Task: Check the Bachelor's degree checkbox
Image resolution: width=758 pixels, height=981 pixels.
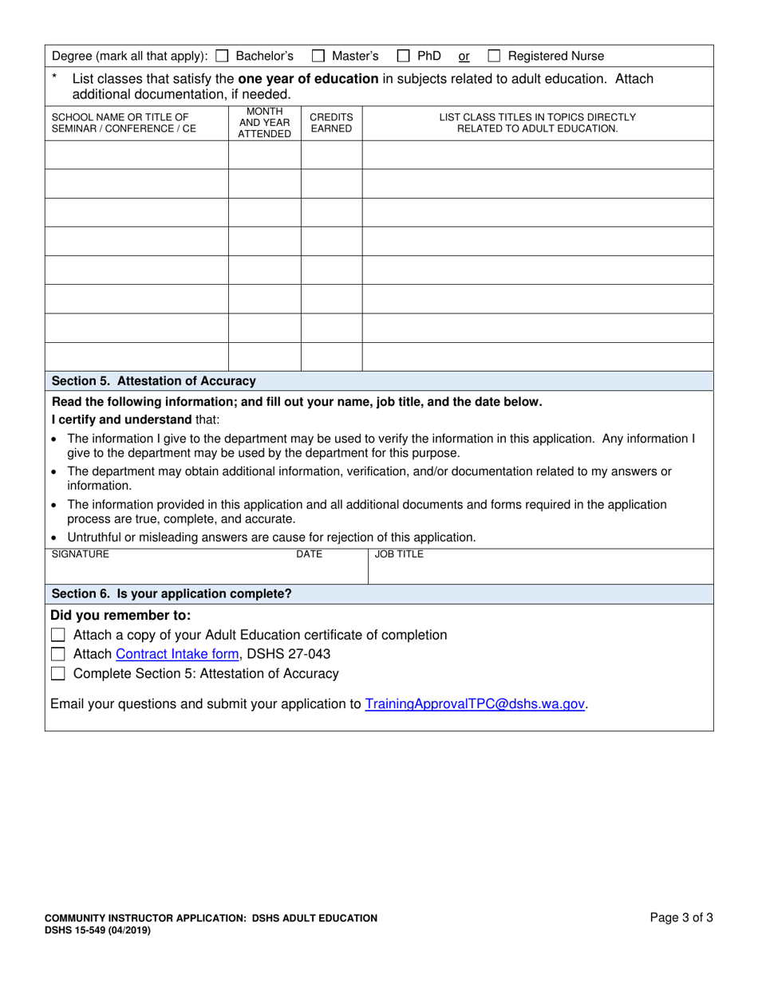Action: pos(223,57)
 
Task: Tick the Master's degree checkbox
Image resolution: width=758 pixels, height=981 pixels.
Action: pos(318,57)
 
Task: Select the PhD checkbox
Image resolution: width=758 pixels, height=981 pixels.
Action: pos(404,57)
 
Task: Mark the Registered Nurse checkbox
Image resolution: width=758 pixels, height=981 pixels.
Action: pos(494,57)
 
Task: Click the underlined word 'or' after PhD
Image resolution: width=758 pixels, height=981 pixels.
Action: pos(464,57)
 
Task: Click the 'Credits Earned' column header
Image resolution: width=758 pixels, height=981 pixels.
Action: pos(331,123)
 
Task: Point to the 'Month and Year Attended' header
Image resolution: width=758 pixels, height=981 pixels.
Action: pos(264,123)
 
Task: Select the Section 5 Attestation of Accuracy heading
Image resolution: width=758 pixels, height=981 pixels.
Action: pos(153,381)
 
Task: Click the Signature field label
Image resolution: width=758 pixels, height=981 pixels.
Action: pos(81,554)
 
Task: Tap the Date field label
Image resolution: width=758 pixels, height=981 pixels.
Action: pos(309,554)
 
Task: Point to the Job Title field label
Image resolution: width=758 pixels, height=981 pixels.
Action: pos(399,554)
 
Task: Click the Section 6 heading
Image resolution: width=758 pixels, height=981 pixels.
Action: pos(171,594)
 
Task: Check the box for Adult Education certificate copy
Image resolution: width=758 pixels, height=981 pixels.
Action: pos(57,636)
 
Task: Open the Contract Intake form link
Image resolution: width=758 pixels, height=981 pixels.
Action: pos(178,655)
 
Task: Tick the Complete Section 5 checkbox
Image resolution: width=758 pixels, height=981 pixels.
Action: pos(57,674)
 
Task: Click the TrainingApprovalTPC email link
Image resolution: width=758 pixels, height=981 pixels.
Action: pos(475,704)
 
